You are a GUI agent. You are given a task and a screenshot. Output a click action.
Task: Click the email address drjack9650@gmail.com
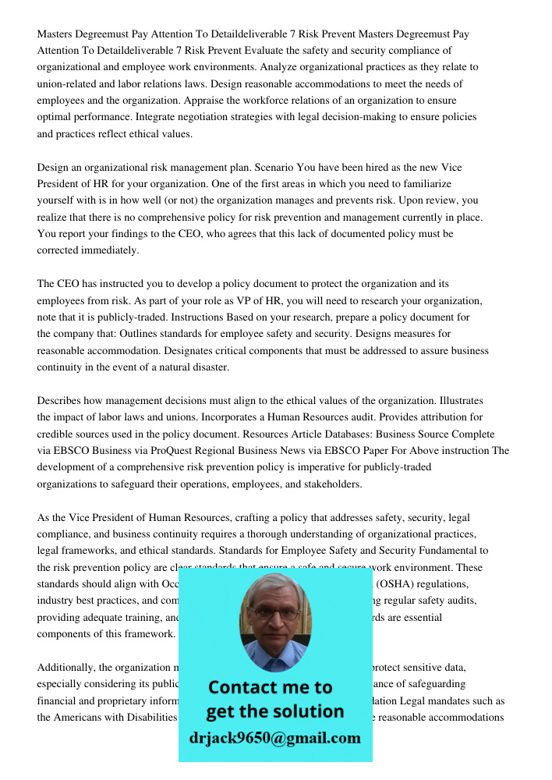[274, 738]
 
